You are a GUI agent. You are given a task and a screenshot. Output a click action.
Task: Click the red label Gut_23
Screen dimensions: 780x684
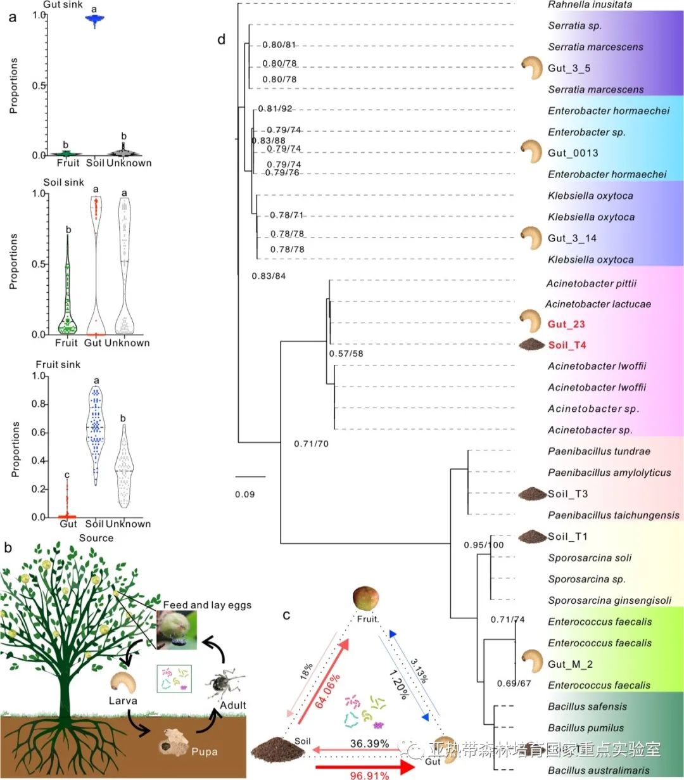[566, 324]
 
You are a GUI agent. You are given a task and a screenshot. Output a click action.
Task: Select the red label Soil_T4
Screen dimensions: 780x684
[567, 345]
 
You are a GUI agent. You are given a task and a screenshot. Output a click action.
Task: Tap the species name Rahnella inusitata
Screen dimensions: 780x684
[590, 5]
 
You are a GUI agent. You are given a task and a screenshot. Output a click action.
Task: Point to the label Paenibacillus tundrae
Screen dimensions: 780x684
[599, 452]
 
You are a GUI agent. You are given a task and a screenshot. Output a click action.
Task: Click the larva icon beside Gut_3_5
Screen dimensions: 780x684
[532, 67]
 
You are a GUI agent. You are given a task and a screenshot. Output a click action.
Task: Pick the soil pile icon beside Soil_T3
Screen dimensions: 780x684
[531, 494]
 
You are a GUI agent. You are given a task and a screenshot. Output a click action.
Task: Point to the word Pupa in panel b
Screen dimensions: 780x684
[204, 751]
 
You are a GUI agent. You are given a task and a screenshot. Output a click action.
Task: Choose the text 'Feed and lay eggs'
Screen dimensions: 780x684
[207, 605]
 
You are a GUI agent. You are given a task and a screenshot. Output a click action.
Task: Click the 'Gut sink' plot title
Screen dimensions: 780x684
[63, 4]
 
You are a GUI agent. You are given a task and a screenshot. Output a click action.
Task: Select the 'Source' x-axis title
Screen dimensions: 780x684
[96, 538]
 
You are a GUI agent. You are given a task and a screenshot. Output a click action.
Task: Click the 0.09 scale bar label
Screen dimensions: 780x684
[244, 494]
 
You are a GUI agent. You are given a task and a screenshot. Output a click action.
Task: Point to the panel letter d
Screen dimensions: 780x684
[221, 41]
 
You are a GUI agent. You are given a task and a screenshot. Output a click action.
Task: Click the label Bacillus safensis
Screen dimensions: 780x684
[587, 706]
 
